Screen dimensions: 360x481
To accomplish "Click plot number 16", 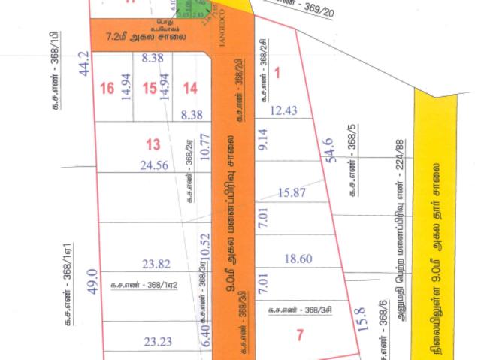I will [x=107, y=89].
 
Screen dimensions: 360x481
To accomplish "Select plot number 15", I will [x=150, y=89].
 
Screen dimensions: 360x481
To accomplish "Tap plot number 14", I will [x=189, y=89].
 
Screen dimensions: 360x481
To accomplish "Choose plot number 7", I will [x=299, y=336].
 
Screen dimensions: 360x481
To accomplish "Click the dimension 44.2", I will [x=84, y=64].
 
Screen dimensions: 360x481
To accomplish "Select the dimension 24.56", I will [x=156, y=165].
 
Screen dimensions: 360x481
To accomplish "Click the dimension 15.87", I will [x=293, y=193].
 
